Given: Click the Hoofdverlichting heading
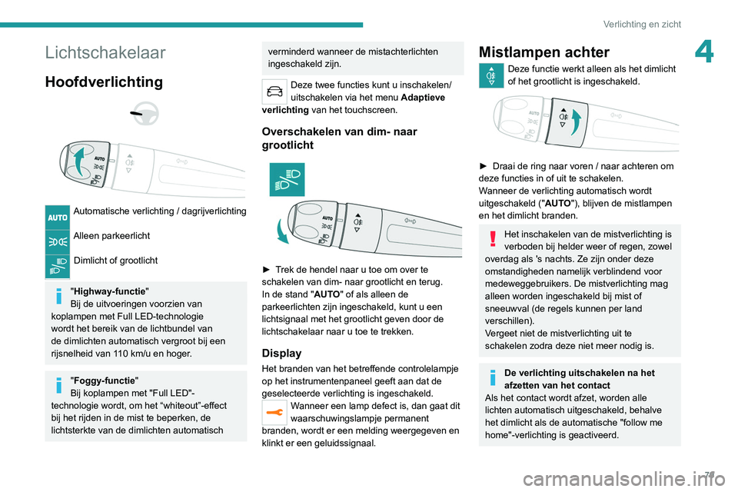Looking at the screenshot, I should [104, 81].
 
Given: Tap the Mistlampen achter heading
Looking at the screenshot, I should [544, 52].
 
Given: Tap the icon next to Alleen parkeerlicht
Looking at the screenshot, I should [58, 241].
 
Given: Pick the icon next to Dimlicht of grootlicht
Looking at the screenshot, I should [58, 266].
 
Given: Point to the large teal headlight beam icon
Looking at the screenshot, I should [287, 179].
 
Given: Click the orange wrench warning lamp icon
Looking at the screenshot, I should [274, 413].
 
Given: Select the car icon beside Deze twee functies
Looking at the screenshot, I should [274, 91].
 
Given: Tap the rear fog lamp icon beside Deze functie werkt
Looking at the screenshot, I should [490, 75].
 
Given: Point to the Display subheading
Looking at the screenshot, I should [282, 354].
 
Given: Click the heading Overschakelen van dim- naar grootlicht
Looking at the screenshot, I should [339, 138].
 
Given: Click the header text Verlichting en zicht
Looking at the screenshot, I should [642, 24].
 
